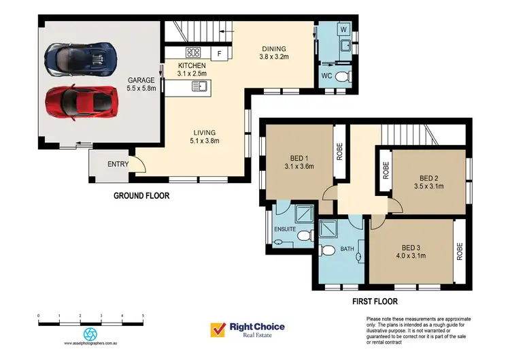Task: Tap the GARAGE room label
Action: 141,80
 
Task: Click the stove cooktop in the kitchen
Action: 192,52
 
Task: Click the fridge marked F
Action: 219,52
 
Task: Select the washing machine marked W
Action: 343,29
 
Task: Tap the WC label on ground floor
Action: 326,76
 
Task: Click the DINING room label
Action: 274,49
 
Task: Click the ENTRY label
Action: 118,165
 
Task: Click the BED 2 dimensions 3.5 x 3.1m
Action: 428,184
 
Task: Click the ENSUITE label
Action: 285,229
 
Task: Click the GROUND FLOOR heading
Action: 141,196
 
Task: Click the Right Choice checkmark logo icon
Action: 218,329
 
